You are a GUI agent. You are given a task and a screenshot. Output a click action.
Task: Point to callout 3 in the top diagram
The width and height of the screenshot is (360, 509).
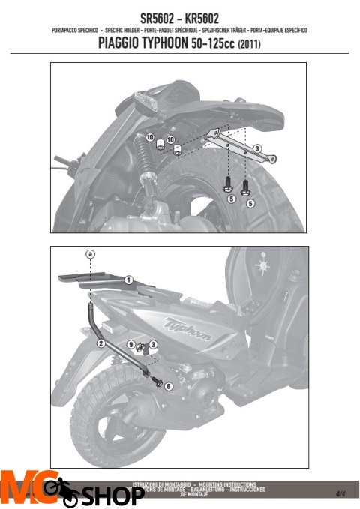pos(256,149)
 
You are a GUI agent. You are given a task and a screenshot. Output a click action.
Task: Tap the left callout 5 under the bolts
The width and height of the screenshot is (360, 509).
pos(232,200)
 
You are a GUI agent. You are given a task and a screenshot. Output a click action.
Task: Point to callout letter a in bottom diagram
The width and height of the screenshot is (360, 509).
pos(90,255)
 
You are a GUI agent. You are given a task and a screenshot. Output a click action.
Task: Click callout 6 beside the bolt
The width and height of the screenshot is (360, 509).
pos(168,385)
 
